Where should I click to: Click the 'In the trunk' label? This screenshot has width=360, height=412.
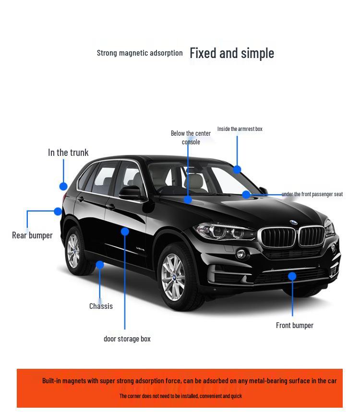coord(68,153)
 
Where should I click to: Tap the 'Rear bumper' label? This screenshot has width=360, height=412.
coord(32,235)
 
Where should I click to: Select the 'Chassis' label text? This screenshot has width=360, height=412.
coord(101,306)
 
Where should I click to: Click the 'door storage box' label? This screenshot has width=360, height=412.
coord(127,339)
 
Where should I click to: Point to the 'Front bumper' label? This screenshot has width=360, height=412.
coord(294,325)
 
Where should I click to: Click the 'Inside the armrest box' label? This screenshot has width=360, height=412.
coord(240,129)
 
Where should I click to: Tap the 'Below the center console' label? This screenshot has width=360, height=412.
coord(191,137)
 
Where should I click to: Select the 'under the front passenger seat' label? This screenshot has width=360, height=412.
coord(312,194)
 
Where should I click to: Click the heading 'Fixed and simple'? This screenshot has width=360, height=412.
coord(232,53)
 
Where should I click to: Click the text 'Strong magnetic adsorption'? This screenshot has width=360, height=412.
coord(140,53)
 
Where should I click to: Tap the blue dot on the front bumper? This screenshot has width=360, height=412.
coord(292,276)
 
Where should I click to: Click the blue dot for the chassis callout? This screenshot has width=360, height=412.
coord(100,265)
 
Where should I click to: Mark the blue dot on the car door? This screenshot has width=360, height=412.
coord(125,232)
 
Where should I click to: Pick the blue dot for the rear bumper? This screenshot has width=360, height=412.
coord(58,211)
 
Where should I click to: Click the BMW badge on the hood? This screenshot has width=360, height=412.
coord(293,223)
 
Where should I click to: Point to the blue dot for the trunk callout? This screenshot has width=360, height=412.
coord(63,186)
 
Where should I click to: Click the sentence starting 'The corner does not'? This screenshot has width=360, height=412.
coord(180,396)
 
